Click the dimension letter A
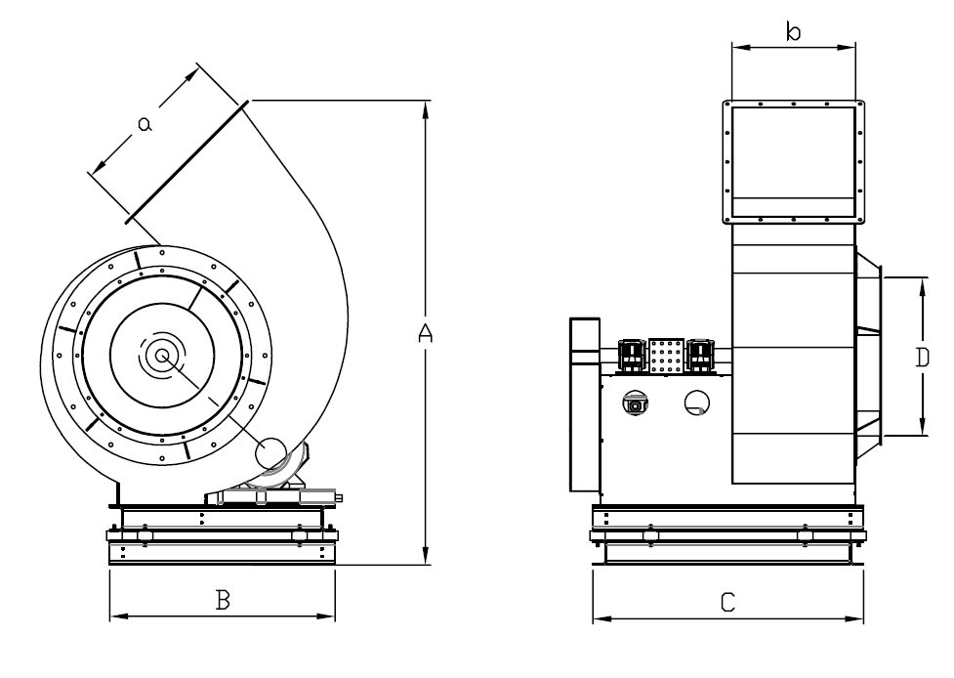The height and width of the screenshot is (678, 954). click(426, 332)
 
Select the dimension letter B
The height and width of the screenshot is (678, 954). click(223, 600)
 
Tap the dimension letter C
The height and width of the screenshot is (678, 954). click(727, 603)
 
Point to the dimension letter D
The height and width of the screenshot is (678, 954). click(923, 358)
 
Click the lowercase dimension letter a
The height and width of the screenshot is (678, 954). click(145, 124)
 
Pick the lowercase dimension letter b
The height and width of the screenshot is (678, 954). click(794, 31)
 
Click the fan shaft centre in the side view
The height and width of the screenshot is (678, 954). click(162, 356)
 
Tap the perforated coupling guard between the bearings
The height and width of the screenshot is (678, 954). click(667, 356)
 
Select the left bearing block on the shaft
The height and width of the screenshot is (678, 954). click(632, 355)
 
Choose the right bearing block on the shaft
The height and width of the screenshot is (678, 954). click(700, 355)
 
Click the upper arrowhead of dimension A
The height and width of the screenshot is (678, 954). click(426, 109)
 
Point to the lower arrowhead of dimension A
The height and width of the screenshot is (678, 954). click(426, 555)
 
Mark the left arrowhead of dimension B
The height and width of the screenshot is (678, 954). click(119, 616)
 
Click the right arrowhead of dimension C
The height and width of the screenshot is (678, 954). click(853, 619)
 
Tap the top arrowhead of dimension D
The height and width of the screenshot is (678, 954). click(923, 287)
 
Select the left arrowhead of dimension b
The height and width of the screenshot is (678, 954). click(742, 47)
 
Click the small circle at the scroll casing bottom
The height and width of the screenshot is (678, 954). click(270, 453)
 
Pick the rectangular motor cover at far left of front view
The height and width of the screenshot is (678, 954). click(585, 404)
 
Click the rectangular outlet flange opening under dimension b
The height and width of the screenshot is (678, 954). click(794, 162)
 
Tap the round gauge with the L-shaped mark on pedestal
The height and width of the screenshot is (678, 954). click(697, 403)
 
